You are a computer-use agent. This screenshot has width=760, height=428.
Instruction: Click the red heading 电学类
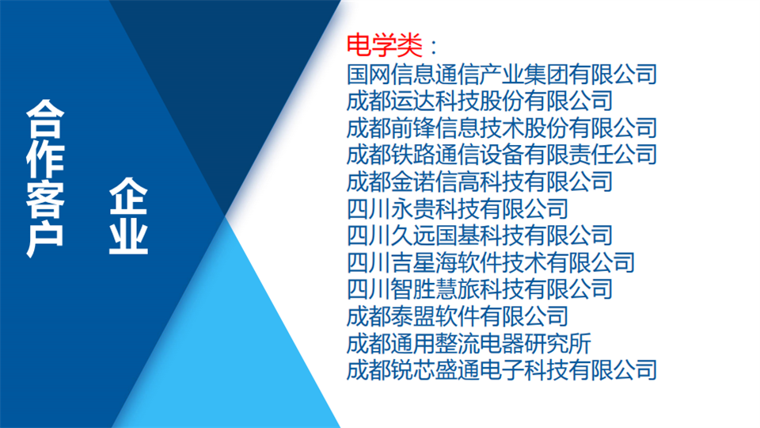pyautogui.click(x=385, y=46)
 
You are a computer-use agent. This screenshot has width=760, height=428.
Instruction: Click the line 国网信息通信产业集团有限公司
pyautogui.click(x=502, y=75)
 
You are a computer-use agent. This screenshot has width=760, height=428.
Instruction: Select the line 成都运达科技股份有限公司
pyautogui.click(x=480, y=101)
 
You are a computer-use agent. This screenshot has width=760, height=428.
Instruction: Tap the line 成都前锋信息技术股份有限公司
pyautogui.click(x=502, y=128)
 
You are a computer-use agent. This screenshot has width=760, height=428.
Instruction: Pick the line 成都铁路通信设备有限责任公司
pyautogui.click(x=502, y=155)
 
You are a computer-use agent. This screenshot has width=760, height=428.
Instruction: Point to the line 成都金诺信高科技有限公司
pyautogui.click(x=480, y=182)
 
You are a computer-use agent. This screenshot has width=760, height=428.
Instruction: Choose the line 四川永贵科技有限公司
pyautogui.click(x=458, y=209)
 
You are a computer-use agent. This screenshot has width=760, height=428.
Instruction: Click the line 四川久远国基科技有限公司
pyautogui.click(x=480, y=236)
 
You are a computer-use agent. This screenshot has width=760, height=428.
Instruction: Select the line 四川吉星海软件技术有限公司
pyautogui.click(x=491, y=263)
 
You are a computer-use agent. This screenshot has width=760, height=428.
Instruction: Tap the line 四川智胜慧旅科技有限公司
pyautogui.click(x=480, y=290)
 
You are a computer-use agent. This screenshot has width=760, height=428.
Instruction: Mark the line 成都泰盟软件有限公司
pyautogui.click(x=458, y=317)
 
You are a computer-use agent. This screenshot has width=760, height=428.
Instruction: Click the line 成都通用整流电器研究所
pyautogui.click(x=469, y=344)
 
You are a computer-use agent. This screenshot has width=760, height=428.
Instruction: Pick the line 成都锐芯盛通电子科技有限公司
pyautogui.click(x=502, y=371)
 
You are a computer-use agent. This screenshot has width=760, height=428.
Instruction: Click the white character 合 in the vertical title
pyautogui.click(x=45, y=119)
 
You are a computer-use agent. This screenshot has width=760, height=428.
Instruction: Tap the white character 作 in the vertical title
pyautogui.click(x=45, y=159)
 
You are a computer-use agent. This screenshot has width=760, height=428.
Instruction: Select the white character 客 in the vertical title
pyautogui.click(x=45, y=199)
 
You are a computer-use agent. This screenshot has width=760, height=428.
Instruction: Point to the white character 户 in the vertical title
pyautogui.click(x=45, y=239)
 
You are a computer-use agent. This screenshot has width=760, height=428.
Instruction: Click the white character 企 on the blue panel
pyautogui.click(x=128, y=196)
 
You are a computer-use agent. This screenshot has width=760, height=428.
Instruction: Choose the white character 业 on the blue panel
pyautogui.click(x=128, y=236)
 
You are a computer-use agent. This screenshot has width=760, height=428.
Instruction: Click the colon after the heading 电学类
pyautogui.click(x=434, y=47)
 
